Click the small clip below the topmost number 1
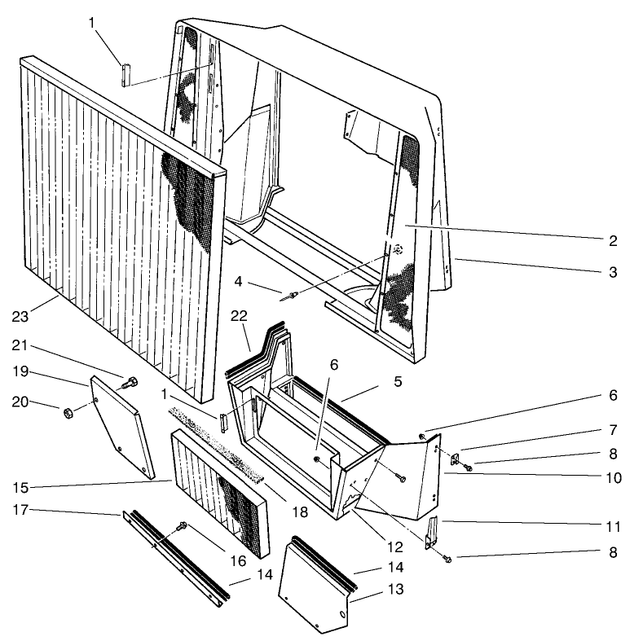tap(125, 73)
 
